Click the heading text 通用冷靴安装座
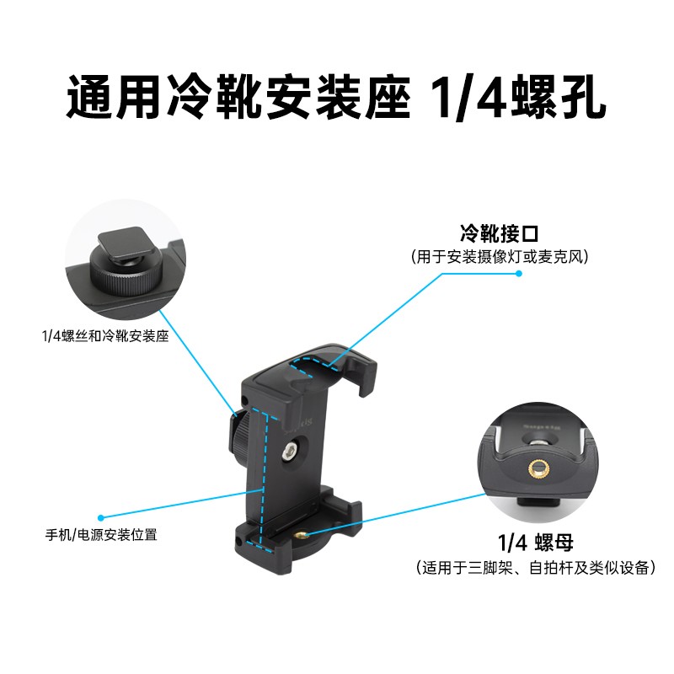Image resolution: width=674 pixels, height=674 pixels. coord(239,96)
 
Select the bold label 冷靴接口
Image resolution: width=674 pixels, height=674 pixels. coord(499,234)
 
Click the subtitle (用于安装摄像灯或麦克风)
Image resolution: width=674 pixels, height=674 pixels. coord(499,257)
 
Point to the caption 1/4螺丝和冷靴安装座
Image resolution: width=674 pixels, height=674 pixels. coord(104,335)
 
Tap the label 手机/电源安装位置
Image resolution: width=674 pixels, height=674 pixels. coord(101,535)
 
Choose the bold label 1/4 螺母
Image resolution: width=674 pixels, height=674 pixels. coord(536,543)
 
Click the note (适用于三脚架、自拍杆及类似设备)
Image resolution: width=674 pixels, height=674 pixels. coord(536,567)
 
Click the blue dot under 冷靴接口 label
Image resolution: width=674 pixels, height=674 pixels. coord(519,273)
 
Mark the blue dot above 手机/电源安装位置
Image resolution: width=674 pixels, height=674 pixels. coord(101,518)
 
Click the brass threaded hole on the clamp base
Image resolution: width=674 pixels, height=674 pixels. coord(301,535)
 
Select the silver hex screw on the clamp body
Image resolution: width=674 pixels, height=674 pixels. coord(288,452)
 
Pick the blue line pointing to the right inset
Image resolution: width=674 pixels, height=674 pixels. coord(396,514)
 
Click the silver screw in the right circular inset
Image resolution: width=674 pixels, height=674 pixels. coord(537,441)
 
